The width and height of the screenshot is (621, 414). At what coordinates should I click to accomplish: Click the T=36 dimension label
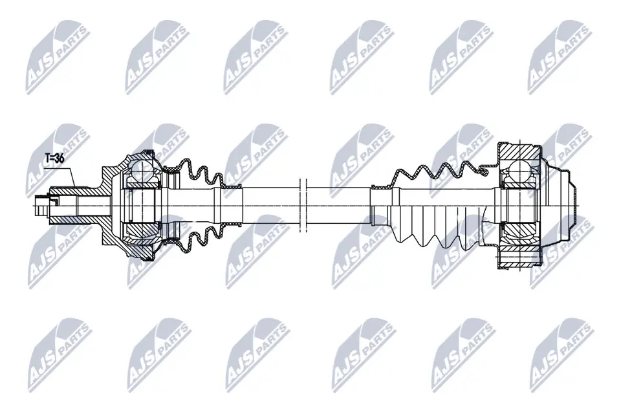click(x=54, y=158)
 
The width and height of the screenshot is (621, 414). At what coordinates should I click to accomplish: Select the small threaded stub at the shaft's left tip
click(x=41, y=206)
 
